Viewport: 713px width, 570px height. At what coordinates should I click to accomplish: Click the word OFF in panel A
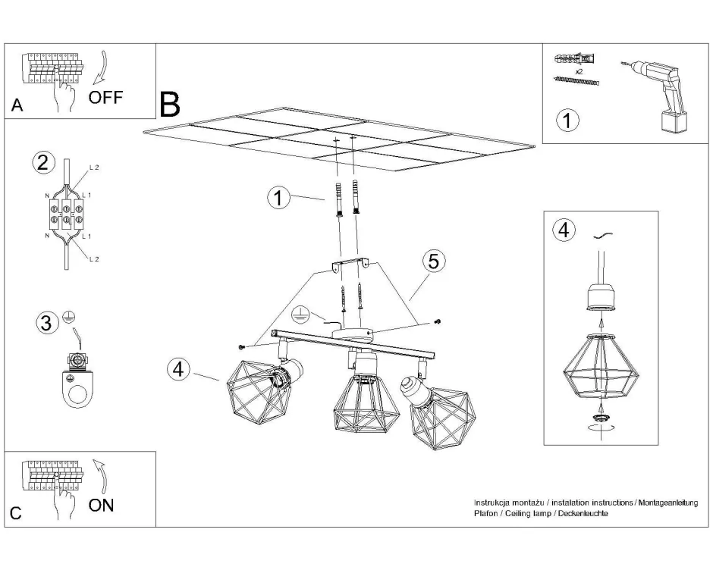pos(105,96)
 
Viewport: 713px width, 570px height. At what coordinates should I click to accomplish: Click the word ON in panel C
pos(102,505)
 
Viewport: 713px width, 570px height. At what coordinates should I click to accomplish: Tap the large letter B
pos(170,104)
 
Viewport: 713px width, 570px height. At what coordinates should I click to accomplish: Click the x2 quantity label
pos(579,70)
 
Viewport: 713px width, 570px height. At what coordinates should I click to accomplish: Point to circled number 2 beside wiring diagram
pos(44,162)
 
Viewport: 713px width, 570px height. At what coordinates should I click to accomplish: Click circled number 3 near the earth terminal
pos(47,323)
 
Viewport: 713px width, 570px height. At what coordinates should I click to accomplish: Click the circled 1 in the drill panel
pos(567,120)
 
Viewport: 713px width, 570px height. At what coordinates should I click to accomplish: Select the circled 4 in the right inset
pos(563,230)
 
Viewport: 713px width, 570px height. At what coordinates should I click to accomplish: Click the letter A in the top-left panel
pos(17,106)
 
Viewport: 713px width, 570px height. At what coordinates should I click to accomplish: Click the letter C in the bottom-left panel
pos(16,514)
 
